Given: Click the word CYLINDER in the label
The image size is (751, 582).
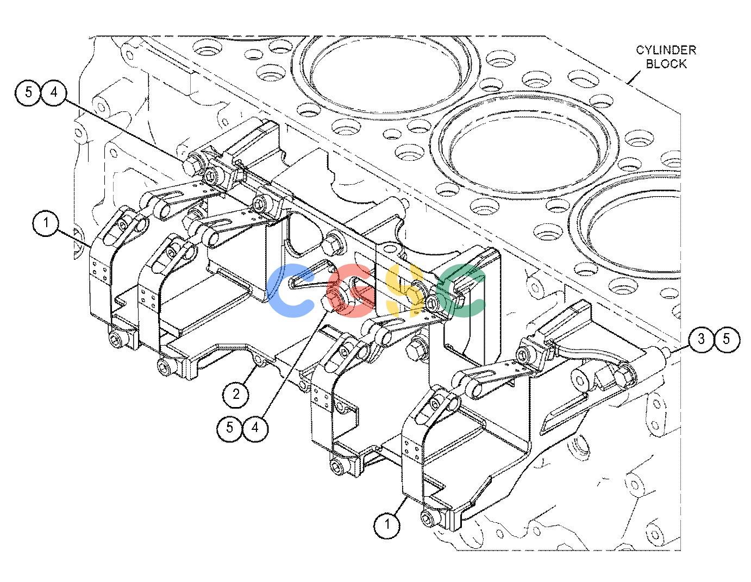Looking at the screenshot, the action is [666, 50].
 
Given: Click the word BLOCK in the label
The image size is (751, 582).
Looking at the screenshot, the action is [666, 64].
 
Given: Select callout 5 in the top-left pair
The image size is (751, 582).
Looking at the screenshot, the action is [29, 92].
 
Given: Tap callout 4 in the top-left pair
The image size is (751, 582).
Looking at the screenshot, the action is [54, 92].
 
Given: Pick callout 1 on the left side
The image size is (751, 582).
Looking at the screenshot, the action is [46, 223].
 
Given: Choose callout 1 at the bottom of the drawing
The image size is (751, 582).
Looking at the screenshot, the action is [387, 524].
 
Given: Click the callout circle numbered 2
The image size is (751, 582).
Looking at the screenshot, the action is [236, 394].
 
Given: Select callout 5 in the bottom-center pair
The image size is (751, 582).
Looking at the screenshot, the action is [230, 428].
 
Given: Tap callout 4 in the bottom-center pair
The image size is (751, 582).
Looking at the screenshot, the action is [255, 428].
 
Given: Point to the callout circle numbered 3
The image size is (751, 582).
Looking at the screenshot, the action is [701, 339].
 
